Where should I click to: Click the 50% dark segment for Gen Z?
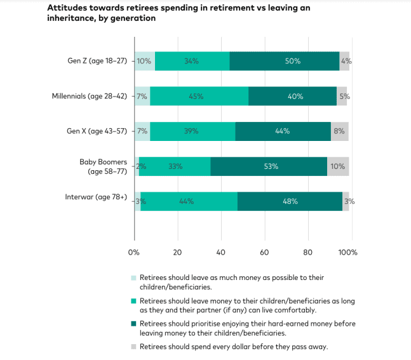pos(285,61)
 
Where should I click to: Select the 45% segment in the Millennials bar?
pos(199,96)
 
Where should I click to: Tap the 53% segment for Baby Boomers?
pos(269,166)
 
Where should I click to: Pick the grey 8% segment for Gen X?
pos(340,131)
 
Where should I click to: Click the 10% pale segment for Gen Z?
pos(145,61)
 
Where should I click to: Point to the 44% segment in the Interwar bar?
pos(189,201)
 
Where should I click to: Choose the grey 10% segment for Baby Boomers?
pos(338,166)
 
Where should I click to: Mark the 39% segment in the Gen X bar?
pos(192,131)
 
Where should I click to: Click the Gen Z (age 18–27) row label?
pos(97,61)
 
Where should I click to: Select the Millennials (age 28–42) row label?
pos(90,97)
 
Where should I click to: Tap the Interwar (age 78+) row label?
pos(96,197)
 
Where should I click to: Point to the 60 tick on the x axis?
pos(264,252)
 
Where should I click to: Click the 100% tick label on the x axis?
pos(348,252)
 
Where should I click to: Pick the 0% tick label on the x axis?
pos(133,252)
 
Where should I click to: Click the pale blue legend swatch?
pos(133,277)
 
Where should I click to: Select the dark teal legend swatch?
pos(133,324)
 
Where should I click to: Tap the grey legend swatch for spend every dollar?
pos(133,347)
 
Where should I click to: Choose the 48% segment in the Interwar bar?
pos(290,201)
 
